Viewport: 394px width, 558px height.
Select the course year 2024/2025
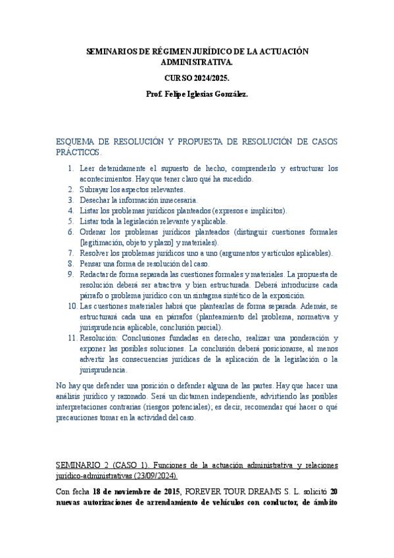(x=197, y=78)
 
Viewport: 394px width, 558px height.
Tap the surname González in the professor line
(x=228, y=95)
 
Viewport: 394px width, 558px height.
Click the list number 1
(x=71, y=169)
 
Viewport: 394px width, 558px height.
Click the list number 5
(x=71, y=222)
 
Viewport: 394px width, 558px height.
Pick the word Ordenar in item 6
(x=94, y=232)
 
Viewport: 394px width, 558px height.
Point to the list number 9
(x=71, y=274)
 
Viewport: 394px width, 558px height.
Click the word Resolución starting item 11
(x=99, y=338)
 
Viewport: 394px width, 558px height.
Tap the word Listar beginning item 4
(x=90, y=211)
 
